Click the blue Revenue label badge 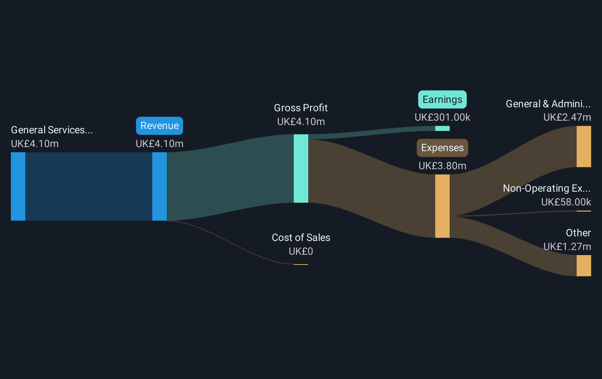(160, 126)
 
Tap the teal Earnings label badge (442, 100)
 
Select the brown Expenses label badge (442, 148)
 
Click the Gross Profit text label (301, 108)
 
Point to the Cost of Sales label (301, 238)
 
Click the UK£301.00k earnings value (442, 117)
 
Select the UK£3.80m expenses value (442, 166)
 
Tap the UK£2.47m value (567, 117)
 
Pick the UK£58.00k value (566, 202)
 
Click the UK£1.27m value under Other (567, 246)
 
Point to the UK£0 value (301, 251)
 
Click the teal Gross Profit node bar (301, 168)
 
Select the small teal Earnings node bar (442, 128)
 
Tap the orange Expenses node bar (442, 206)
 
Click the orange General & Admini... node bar (584, 146)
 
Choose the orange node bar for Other (584, 266)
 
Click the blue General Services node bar (18, 187)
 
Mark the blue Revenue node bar (160, 187)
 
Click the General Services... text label (52, 130)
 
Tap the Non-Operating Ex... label (547, 188)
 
